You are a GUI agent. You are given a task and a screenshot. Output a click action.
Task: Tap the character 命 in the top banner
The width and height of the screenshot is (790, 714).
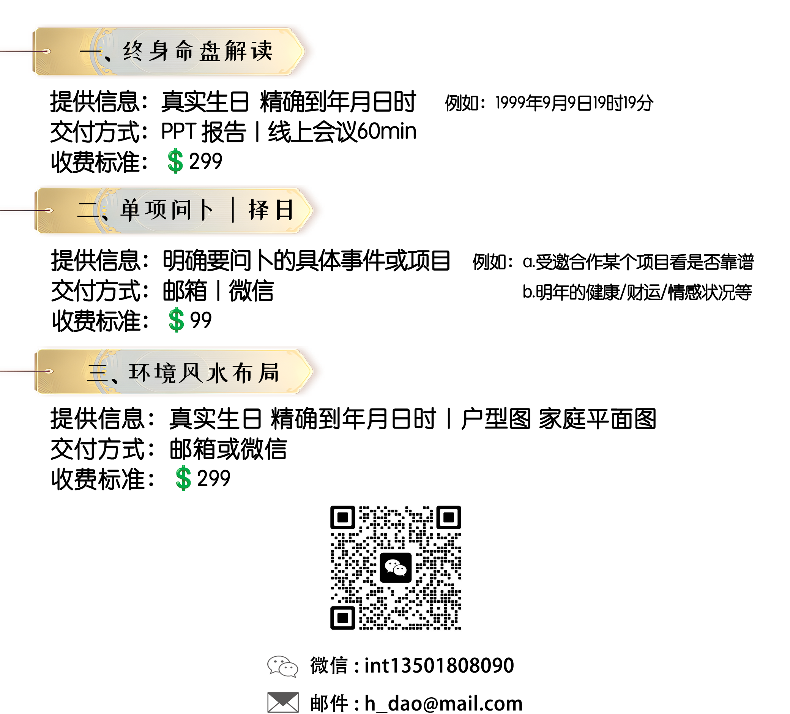[x=184, y=51]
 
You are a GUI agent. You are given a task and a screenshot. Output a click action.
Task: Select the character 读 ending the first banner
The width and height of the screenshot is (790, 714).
[x=262, y=51]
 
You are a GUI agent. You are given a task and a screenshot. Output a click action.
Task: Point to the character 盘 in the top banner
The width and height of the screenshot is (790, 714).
[x=210, y=52]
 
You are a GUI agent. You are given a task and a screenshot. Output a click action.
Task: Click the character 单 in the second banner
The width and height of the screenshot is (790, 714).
[x=130, y=210]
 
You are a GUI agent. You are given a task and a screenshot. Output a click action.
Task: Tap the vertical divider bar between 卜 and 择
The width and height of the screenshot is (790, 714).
[x=233, y=210]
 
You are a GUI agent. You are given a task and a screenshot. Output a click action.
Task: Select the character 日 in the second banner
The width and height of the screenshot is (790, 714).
[x=284, y=210]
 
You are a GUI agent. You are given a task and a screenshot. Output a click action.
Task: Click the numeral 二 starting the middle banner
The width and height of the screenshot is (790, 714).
[x=87, y=210]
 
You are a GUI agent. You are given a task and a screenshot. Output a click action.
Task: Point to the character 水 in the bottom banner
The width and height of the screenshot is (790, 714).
[x=216, y=373]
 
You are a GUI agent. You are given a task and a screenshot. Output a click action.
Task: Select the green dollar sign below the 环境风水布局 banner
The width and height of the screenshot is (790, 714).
[x=183, y=479]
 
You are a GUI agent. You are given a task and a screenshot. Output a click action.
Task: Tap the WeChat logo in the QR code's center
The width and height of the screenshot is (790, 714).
[x=396, y=567]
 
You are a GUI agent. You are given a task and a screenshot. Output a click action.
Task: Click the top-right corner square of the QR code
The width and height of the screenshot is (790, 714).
[x=448, y=518]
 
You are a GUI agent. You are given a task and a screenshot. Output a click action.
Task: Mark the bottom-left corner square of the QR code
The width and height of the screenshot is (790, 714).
[x=342, y=618]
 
